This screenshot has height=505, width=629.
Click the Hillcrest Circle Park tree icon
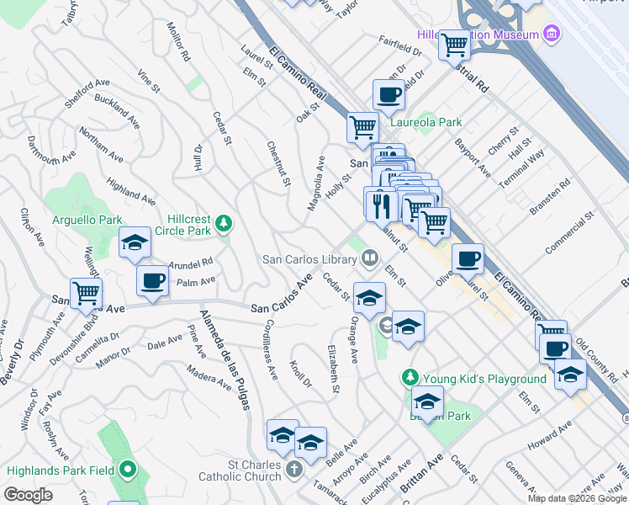point(223,223)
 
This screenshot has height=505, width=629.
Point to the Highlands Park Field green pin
point(127,469)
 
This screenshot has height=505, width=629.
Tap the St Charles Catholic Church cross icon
point(293,468)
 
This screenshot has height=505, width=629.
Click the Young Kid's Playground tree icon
point(410,378)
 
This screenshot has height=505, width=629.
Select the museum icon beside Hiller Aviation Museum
point(552,34)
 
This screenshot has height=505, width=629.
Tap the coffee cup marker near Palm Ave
point(152,282)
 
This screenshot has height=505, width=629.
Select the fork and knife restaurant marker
point(380,203)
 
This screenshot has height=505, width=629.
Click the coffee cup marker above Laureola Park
point(388,95)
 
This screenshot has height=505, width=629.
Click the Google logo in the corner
point(29,495)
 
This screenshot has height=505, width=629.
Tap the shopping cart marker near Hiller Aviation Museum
point(455,44)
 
